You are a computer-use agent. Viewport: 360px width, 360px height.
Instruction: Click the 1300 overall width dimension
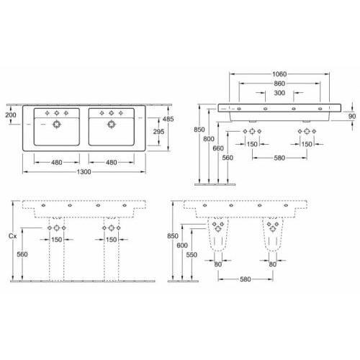point(84,172)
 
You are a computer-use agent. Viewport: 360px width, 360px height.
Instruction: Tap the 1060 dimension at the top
point(279,74)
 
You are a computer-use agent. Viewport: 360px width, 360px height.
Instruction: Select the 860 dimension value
point(279,84)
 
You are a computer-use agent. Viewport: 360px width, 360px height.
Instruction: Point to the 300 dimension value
point(279,93)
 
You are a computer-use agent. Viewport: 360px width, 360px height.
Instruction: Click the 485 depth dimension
point(168,119)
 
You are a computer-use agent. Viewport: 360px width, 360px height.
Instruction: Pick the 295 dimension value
point(158,132)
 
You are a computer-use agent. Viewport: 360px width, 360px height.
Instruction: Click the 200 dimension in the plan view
point(11,115)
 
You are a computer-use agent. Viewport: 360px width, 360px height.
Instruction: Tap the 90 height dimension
point(352,117)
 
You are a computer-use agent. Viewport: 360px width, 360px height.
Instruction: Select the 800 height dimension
point(209,139)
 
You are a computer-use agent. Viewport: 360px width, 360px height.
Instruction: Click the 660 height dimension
point(218,148)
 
